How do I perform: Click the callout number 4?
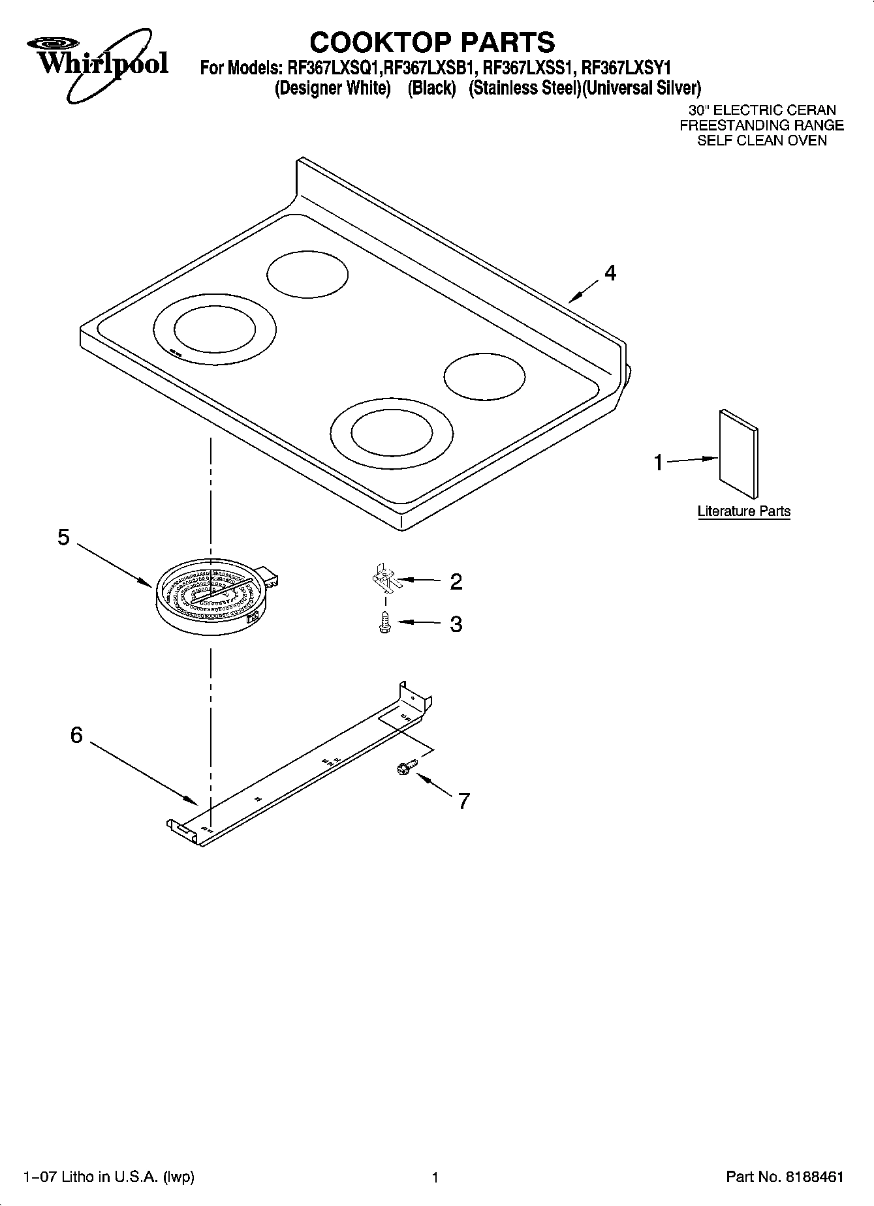pyautogui.click(x=610, y=273)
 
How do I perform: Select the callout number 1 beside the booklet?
pyautogui.click(x=659, y=463)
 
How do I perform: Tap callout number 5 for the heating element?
pyautogui.click(x=63, y=537)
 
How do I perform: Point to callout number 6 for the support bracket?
pyautogui.click(x=76, y=735)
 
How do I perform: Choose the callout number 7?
pyautogui.click(x=463, y=800)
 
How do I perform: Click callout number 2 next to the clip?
pyautogui.click(x=456, y=581)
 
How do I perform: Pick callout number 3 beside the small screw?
pyautogui.click(x=456, y=624)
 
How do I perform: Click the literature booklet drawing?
pyautogui.click(x=739, y=453)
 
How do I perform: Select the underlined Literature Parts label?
pyautogui.click(x=743, y=511)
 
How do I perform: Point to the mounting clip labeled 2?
pyautogui.click(x=386, y=578)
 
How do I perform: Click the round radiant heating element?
pyautogui.click(x=212, y=597)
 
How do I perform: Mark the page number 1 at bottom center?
pyautogui.click(x=435, y=1177)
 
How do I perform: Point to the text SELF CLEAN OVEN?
pyautogui.click(x=762, y=140)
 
